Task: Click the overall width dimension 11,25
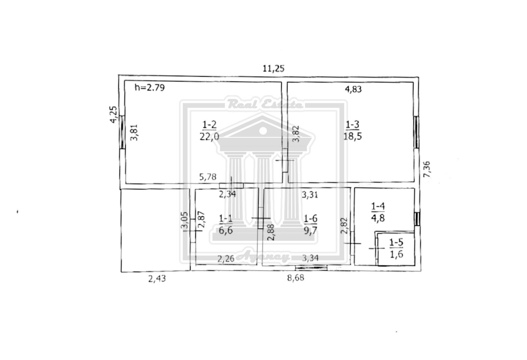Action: pos(273,69)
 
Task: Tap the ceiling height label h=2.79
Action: pos(150,88)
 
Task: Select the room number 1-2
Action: pos(209,125)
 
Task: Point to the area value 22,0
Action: pos(209,136)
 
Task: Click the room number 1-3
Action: pos(352,125)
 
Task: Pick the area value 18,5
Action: pos(352,136)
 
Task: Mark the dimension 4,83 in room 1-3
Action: pos(353,89)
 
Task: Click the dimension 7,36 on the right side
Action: pos(427,169)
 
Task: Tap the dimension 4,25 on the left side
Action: pos(113,115)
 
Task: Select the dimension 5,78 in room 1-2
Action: pos(208,177)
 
